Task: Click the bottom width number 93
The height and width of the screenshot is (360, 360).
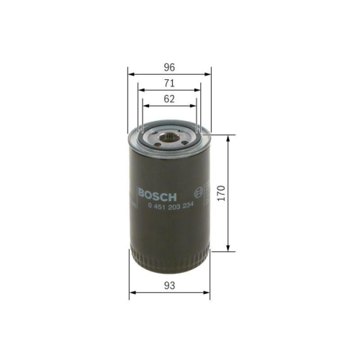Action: coord(170,286)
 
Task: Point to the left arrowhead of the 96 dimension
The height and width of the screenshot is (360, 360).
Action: coord(130,73)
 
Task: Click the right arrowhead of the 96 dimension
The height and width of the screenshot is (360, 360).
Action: coord(210,73)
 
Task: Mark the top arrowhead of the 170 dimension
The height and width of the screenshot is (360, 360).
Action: coord(229,137)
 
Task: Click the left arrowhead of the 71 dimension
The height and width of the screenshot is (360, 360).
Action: coord(141,91)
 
